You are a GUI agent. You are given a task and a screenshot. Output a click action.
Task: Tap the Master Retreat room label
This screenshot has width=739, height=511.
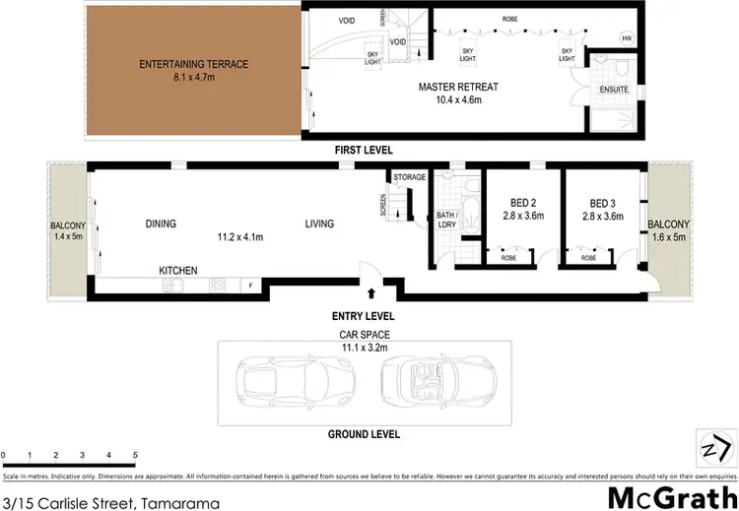458,87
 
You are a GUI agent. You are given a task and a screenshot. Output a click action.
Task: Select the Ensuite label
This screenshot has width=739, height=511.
614,90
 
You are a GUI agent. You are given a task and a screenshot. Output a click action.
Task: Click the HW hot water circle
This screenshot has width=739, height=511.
627,38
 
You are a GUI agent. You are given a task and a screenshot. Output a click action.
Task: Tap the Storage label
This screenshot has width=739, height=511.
410,177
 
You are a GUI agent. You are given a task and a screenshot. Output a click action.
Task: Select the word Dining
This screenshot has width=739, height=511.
161,224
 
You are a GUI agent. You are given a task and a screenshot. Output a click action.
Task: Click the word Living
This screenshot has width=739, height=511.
318,224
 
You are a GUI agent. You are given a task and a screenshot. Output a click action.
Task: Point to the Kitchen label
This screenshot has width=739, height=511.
179,270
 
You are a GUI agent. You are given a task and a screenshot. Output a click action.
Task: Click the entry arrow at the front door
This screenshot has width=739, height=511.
371,292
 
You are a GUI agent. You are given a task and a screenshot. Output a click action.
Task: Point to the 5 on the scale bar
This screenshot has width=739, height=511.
135,455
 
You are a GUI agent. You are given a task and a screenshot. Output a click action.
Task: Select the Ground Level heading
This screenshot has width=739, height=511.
366,433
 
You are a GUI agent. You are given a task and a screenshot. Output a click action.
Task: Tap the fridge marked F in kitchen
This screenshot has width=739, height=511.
251,286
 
